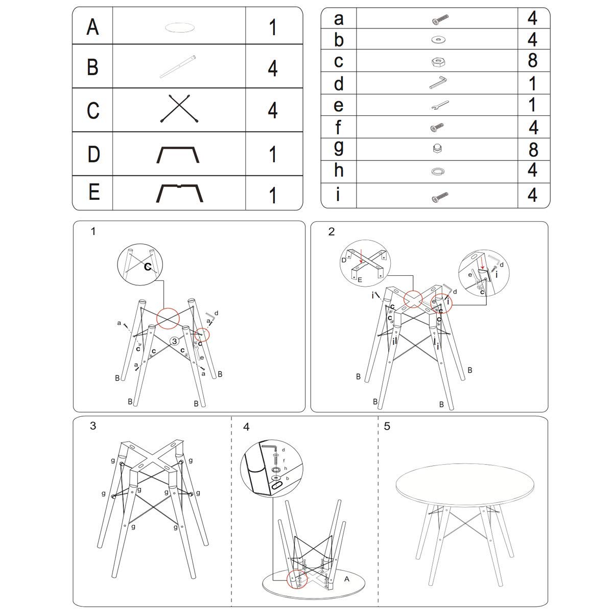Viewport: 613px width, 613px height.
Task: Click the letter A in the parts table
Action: pos(92,27)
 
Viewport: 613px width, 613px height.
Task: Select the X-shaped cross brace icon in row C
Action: pos(179,108)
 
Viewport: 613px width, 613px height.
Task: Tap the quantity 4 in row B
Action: pos(273,68)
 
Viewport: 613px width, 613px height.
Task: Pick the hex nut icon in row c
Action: pos(438,61)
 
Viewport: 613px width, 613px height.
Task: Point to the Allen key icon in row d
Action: pos(438,82)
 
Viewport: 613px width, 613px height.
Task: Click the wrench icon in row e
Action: pos(440,105)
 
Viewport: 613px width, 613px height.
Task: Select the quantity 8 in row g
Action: pos(533,150)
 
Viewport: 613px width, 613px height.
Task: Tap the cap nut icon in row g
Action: pos(438,149)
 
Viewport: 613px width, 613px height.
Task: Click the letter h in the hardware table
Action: pos(339,170)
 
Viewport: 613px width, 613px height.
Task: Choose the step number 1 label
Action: pos(93,231)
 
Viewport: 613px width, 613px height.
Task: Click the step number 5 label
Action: pos(387,426)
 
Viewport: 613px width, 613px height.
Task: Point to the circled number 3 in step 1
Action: pos(174,341)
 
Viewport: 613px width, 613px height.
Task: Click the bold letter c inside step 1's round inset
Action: pos(148,266)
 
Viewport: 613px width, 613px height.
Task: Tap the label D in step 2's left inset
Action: pos(344,260)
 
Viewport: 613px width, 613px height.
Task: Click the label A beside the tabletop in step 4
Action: pos(347,579)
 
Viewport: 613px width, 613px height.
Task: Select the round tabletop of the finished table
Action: pos(465,484)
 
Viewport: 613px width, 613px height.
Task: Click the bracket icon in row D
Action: pos(178,155)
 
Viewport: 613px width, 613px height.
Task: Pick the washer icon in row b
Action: pos(438,40)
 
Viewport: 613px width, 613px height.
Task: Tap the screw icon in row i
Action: pos(440,197)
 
